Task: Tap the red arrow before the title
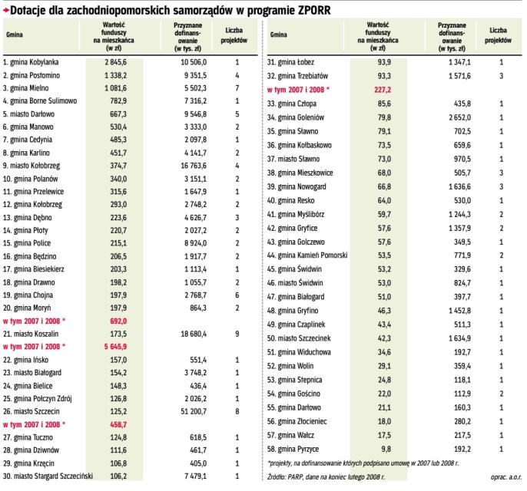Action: tap(5, 10)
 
